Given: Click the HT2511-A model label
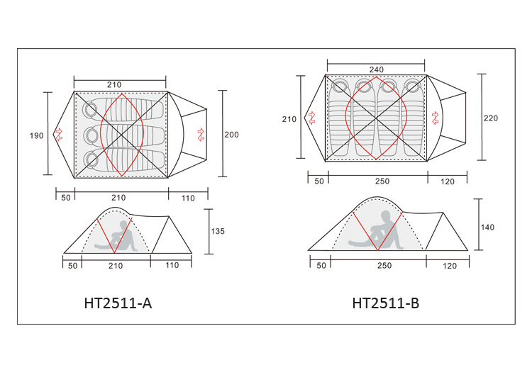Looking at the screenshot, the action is coord(118,303).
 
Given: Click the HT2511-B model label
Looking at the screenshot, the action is coord(386,303).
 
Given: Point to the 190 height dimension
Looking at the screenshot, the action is coord(37,136).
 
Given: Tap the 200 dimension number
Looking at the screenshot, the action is coord(231,135).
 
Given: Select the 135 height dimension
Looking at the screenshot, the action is coord(218,231).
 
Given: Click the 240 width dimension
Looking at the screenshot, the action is coord(376,69).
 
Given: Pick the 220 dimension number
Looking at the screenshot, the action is coord(491,118).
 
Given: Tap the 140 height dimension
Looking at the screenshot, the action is coord(487,228).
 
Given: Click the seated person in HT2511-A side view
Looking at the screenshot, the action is coord(116,237).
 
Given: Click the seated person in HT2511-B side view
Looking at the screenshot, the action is coord(376,231).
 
